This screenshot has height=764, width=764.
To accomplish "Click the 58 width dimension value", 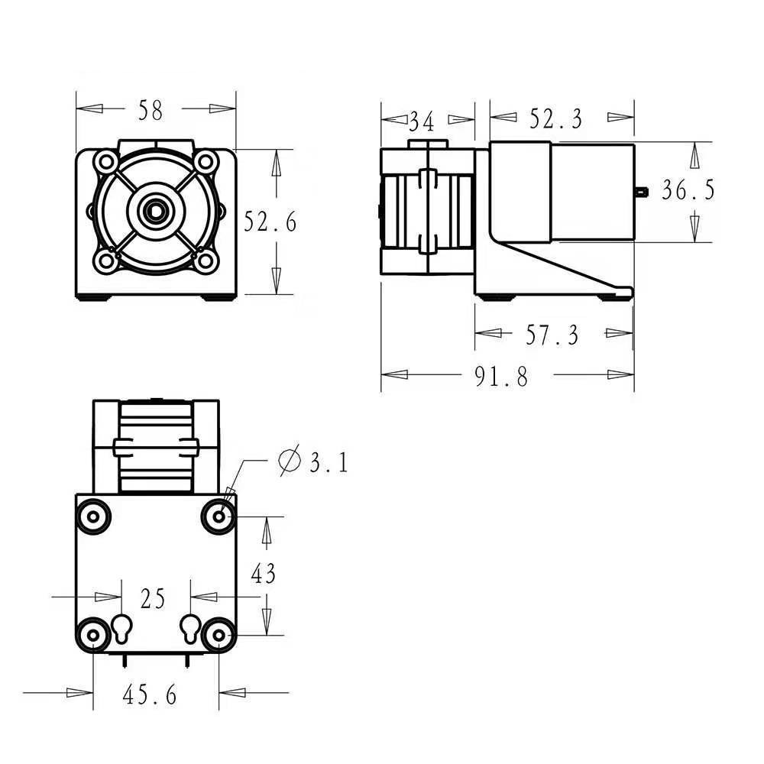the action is click(151, 111).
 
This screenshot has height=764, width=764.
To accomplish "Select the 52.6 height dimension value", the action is click(270, 222).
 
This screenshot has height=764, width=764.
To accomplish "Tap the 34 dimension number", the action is click(421, 121).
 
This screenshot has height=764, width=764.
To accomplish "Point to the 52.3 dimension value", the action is click(556, 119).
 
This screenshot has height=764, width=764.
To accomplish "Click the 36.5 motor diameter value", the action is click(688, 189).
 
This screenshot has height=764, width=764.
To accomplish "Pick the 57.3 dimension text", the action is click(552, 335).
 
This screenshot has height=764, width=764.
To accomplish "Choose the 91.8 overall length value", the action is click(501, 377).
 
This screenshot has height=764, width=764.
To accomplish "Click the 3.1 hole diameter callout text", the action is click(329, 462).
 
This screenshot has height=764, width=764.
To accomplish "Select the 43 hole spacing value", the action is click(263, 573).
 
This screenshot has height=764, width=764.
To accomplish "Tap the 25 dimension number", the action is click(153, 598).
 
